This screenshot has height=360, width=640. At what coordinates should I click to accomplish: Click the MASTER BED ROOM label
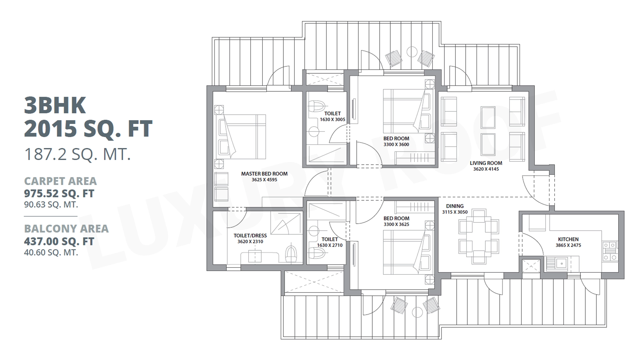tap(264, 174)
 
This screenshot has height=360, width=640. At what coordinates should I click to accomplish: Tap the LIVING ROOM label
tap(486, 163)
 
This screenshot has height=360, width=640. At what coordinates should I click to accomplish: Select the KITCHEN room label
tap(568, 239)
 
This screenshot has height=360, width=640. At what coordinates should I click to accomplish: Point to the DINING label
tap(455, 206)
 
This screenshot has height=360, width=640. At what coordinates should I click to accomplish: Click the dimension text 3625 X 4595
tap(264, 180)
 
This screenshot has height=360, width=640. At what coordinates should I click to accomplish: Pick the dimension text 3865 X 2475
tap(568, 245)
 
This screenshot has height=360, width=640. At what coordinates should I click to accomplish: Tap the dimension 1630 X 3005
tap(333, 119)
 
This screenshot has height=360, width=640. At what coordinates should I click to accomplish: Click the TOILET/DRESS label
tap(250, 236)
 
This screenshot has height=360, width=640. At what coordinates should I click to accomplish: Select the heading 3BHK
tap(55, 105)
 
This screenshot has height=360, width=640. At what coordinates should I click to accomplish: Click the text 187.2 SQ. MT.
tap(78, 155)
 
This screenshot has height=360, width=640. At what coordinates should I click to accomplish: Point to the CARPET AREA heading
tap(60, 181)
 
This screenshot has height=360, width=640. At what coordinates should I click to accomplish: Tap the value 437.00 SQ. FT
tap(59, 241)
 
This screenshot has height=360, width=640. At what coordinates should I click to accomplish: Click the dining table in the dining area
tap(479, 237)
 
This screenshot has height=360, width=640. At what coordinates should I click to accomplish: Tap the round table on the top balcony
tap(412, 52)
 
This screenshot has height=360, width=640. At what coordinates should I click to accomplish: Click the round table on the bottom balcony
tap(417, 312)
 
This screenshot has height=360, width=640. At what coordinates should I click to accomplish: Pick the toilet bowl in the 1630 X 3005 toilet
tap(317, 107)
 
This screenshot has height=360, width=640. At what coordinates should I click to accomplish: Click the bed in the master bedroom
tap(241, 137)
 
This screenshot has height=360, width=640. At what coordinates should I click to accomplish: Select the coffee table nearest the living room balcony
tap(488, 117)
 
